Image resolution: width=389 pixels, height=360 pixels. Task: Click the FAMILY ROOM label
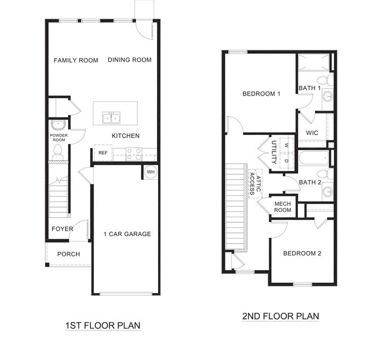click(x=76, y=60)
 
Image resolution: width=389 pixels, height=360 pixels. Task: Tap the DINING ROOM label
click(x=130, y=60)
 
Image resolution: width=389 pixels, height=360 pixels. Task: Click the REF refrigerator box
click(x=103, y=153)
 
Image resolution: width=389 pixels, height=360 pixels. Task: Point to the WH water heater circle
click(x=150, y=172)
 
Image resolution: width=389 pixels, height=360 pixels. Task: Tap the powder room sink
click(x=59, y=125)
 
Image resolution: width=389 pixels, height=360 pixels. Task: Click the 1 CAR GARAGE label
click(x=127, y=234)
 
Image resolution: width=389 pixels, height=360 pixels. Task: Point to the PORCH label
click(x=68, y=254)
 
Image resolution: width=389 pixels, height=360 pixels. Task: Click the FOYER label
click(x=63, y=229)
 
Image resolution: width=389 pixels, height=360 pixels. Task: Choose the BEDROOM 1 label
click(x=261, y=94)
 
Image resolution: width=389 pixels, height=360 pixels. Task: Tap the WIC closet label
click(x=312, y=133)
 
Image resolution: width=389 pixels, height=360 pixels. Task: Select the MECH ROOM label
click(x=283, y=207)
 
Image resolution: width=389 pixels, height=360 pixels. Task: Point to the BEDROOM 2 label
click(x=302, y=253)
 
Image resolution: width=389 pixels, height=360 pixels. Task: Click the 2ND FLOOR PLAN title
click(x=280, y=316)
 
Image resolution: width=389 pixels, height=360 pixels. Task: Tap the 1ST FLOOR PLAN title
click(x=103, y=325)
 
